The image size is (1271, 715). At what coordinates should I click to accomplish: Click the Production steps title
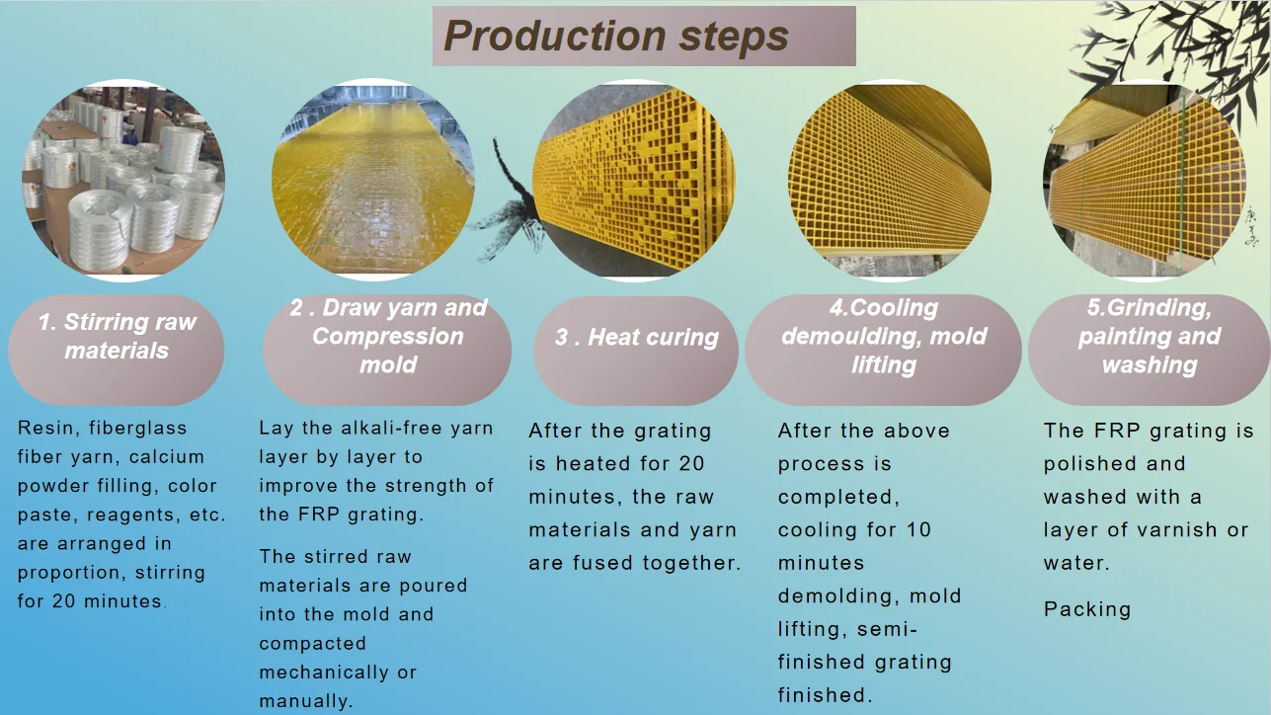point(644,37)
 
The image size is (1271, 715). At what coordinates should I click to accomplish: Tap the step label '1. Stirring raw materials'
point(117,337)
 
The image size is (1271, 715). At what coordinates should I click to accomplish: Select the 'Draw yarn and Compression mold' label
point(387,337)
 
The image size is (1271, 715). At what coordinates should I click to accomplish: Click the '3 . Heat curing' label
point(636,338)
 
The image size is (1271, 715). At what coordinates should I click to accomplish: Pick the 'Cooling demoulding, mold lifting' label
point(883,337)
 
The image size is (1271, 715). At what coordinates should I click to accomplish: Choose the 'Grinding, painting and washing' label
point(1149,337)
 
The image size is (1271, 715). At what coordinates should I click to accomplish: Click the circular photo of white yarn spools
point(122,179)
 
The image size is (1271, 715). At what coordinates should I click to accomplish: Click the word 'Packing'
point(1086,609)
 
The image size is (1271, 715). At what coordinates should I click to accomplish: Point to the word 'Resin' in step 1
point(43,428)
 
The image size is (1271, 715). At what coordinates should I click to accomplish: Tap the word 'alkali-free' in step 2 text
point(370,429)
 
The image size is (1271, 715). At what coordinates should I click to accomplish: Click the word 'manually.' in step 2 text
point(305,701)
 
